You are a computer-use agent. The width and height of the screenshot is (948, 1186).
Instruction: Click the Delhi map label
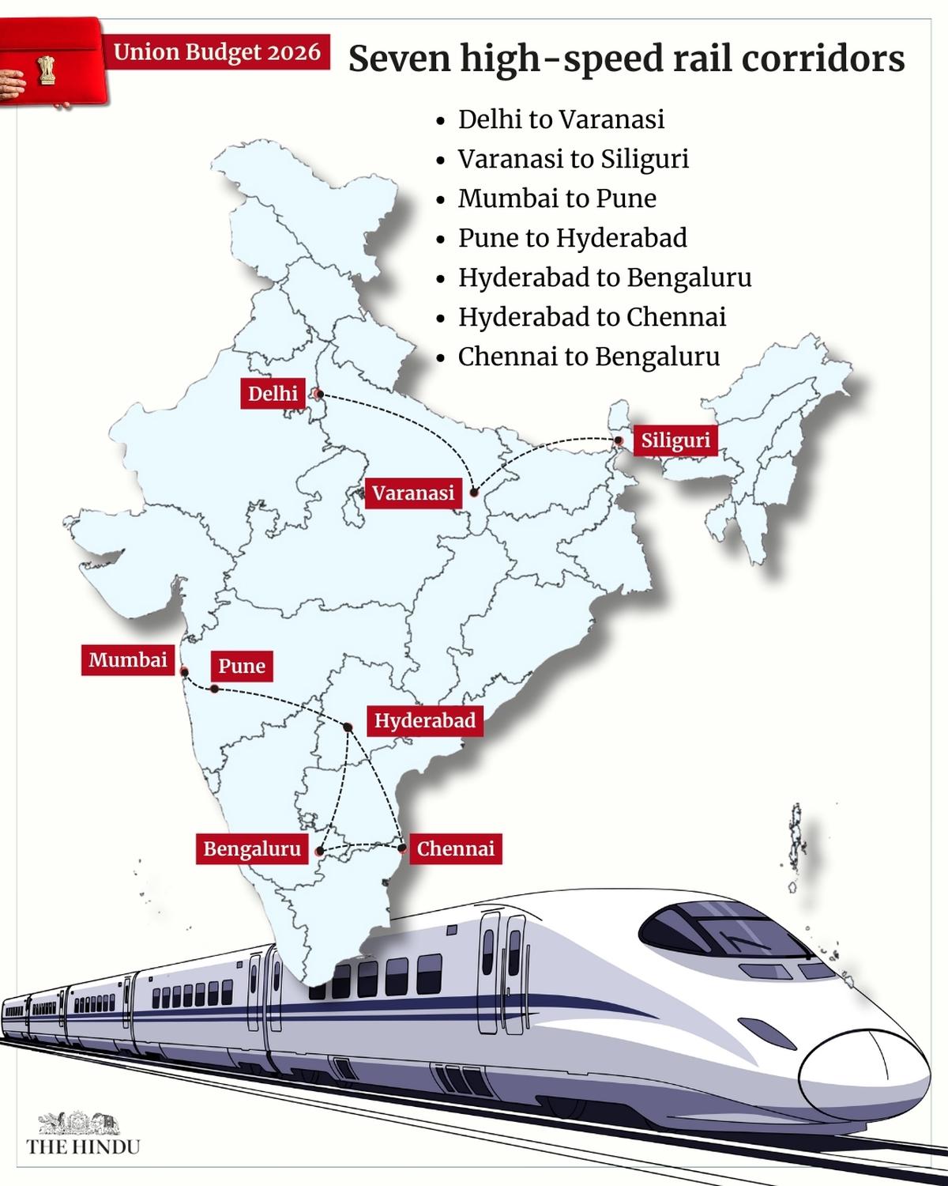[273, 393]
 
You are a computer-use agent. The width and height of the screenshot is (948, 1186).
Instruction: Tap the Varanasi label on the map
[413, 493]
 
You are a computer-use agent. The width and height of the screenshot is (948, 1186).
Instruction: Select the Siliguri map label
[675, 440]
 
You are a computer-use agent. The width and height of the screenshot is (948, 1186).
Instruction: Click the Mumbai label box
[128, 659]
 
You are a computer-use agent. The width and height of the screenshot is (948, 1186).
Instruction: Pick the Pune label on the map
[242, 666]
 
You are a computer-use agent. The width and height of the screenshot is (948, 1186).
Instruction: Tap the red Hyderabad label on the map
[424, 720]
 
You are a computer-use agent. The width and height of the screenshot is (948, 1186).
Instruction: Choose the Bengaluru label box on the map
[252, 848]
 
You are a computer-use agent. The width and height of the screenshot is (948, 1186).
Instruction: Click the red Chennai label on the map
[456, 848]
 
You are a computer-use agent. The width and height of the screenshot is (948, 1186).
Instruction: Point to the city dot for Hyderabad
[348, 727]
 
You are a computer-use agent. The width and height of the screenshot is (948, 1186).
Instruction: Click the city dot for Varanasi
[473, 493]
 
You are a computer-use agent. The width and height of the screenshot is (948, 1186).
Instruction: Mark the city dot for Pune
[214, 689]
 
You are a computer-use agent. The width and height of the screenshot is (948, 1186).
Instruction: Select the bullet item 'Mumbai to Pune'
[557, 198]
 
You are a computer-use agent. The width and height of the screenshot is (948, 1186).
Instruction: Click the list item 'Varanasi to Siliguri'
[574, 159]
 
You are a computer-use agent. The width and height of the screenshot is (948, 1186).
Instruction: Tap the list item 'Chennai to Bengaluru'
[589, 357]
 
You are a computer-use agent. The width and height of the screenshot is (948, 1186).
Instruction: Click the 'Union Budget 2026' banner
[217, 53]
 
